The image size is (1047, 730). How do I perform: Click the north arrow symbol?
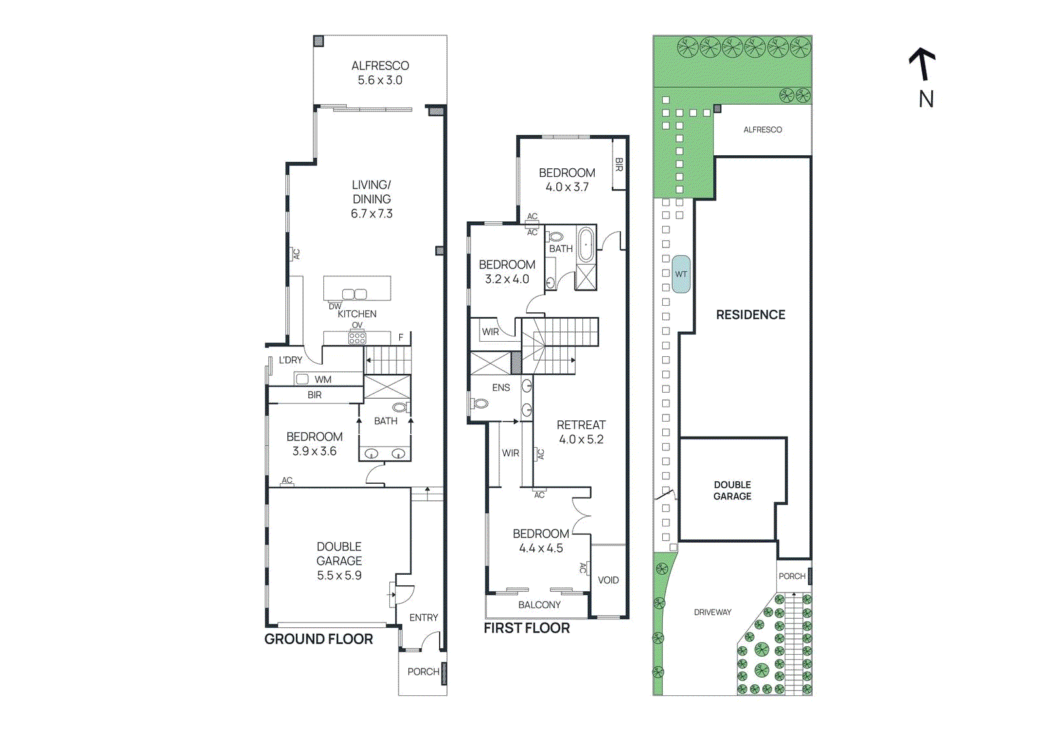(x=922, y=64)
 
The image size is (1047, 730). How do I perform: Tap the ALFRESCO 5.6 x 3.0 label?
(x=380, y=73)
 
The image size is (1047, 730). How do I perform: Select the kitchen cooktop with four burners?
(x=357, y=338)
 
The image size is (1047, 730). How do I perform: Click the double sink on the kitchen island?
(x=355, y=294)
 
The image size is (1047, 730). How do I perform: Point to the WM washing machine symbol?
(x=302, y=378)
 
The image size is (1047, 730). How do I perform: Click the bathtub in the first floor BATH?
(x=586, y=244)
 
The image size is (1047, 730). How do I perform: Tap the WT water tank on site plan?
(x=681, y=274)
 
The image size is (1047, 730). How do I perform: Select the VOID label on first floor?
(x=608, y=580)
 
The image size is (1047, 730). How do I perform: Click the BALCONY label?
(x=539, y=605)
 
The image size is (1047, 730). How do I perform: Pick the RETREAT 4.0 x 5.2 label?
(x=581, y=432)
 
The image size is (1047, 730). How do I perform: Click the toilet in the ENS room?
(x=480, y=403)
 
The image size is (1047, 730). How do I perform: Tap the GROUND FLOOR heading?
(x=319, y=639)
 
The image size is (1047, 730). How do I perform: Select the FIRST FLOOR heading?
(x=527, y=628)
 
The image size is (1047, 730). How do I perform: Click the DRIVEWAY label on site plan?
(x=713, y=612)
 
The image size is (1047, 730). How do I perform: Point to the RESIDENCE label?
(x=751, y=315)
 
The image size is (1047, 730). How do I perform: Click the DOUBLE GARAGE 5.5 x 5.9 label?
(x=339, y=561)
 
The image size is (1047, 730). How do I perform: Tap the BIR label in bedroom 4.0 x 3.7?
(x=618, y=164)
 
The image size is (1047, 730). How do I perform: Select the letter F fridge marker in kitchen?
(x=401, y=338)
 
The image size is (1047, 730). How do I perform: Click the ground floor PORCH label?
(x=423, y=672)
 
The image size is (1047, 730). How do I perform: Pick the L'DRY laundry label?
(x=291, y=360)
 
